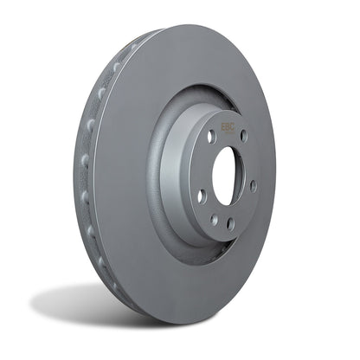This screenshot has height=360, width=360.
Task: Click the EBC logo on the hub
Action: pos(228,125)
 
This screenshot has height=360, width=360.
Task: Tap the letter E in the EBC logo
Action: pos(223,125)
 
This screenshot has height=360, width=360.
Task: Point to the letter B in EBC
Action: pos(228,125)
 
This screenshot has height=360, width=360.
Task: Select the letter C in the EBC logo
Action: pos(234,125)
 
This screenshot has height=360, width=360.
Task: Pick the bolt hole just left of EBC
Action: pos(211,136)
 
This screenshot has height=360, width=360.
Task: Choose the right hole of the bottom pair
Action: pos(230,223)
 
